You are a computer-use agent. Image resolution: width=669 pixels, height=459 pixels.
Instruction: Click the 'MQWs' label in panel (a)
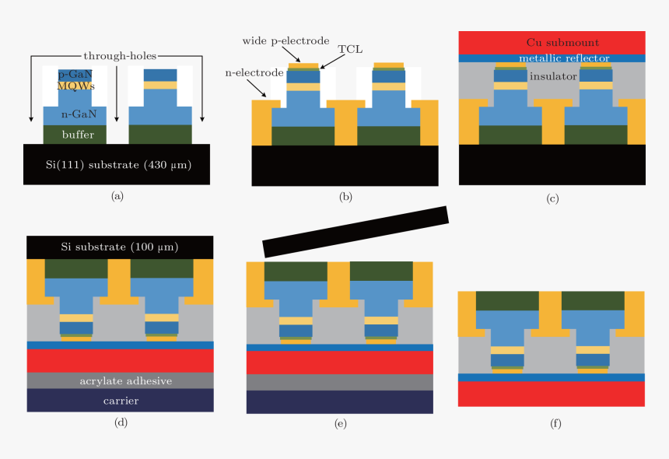tap(75, 86)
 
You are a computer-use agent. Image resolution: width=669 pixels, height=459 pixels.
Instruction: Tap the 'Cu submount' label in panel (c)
tap(552, 42)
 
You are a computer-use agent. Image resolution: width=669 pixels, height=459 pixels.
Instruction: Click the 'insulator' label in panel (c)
tap(552, 76)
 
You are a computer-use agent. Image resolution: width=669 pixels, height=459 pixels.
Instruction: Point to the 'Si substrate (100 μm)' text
tap(120, 247)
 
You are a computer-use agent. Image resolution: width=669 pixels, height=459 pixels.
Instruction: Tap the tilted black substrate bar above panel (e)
tap(356, 231)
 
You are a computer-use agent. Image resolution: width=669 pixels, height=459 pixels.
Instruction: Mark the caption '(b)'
tap(346, 197)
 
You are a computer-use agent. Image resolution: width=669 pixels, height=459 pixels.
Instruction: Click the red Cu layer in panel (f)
tap(552, 394)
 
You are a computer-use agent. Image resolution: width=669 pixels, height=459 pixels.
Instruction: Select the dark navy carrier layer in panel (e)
tap(339, 402)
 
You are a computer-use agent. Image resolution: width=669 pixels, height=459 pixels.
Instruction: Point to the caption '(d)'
tap(120, 424)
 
